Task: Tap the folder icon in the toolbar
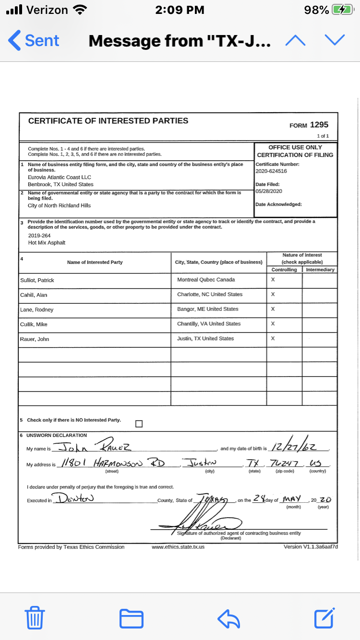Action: (131, 618)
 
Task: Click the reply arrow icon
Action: (228, 618)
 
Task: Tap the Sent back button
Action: (34, 41)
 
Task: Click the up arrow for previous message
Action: (295, 41)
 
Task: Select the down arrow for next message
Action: (335, 41)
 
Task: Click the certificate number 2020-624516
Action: (271, 171)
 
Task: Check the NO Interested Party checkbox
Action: (139, 424)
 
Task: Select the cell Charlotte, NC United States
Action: (210, 295)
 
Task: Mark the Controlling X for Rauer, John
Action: (273, 339)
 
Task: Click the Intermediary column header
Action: (320, 270)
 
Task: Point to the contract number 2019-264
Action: (38, 236)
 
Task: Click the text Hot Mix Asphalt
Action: (47, 243)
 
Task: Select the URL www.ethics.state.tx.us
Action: (178, 547)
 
